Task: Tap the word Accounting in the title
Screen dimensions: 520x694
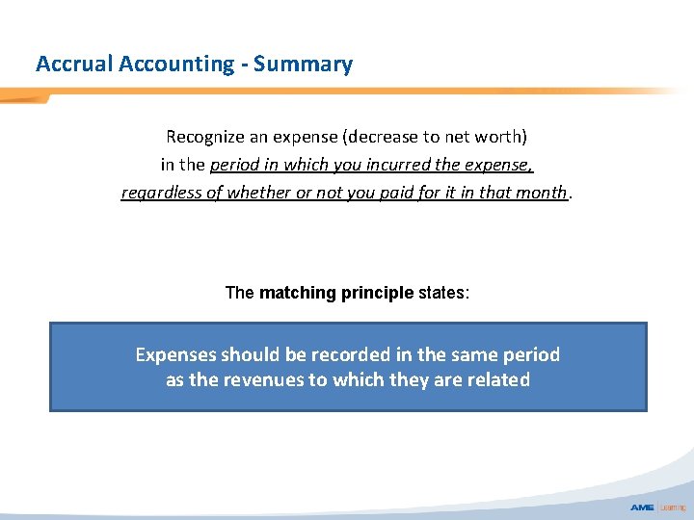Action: (x=176, y=65)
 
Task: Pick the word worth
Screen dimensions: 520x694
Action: (x=502, y=137)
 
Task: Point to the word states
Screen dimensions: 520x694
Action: (x=443, y=292)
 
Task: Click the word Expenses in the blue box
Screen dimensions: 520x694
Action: (x=175, y=354)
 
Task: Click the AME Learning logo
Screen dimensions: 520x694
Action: (x=656, y=507)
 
